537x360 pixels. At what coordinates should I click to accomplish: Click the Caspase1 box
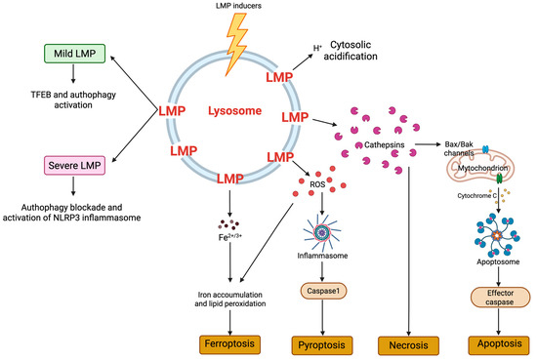pos(321,292)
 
